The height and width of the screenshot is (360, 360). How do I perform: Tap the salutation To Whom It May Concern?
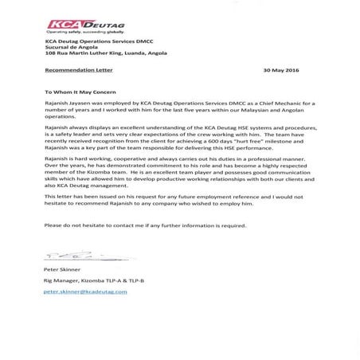coord(80,91)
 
